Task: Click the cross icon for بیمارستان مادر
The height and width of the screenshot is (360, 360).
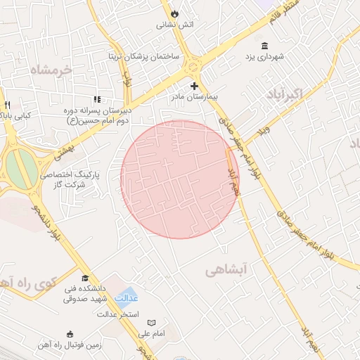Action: coord(195,86)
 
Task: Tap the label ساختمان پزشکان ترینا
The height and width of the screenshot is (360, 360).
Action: coord(143,56)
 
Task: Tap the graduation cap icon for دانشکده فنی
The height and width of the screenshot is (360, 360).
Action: coord(86,279)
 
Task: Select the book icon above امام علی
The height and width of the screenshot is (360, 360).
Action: coord(151,323)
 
